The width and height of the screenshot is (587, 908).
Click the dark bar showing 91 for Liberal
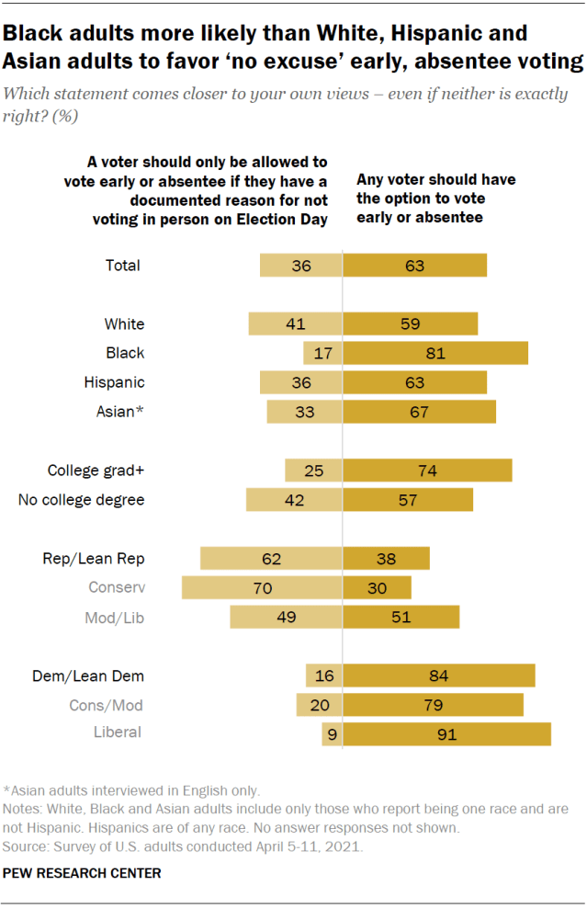(446, 733)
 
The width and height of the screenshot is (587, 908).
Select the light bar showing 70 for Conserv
(262, 587)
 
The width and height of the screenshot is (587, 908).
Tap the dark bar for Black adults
(435, 353)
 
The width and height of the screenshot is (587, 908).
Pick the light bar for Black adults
(322, 353)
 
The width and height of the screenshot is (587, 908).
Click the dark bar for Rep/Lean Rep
(386, 558)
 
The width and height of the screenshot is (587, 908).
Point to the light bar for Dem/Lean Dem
(324, 676)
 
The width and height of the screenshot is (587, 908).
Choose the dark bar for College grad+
(427, 471)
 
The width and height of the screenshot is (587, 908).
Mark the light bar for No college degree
(294, 500)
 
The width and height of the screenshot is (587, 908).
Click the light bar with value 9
(332, 733)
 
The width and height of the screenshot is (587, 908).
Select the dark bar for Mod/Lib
(401, 618)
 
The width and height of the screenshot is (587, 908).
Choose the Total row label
(123, 266)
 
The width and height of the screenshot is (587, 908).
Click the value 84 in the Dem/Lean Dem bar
(437, 676)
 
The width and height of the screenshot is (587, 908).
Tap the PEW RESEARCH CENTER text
(82, 873)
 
